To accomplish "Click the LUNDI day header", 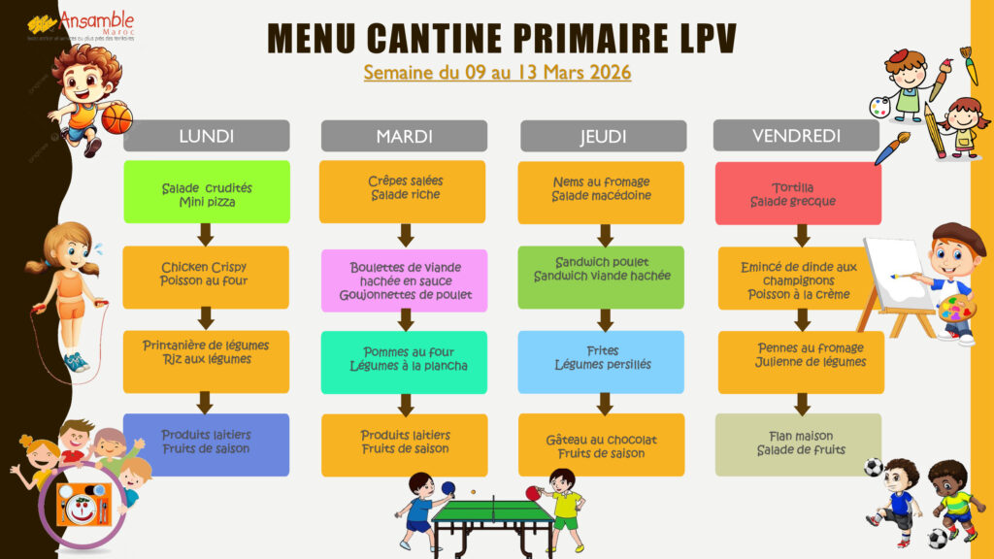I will click(206, 136).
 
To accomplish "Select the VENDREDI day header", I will click(796, 136).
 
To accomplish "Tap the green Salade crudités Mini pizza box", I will click(206, 192).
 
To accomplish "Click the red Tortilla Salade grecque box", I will click(798, 193).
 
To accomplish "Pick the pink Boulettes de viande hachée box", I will click(405, 280).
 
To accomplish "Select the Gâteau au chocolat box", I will click(602, 445).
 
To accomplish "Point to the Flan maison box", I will click(798, 444).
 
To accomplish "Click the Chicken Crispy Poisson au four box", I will click(206, 275).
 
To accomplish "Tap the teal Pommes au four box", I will click(405, 358).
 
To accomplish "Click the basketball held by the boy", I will click(117, 119).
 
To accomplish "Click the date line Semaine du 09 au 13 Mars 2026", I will click(497, 73).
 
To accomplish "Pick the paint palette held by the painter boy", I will click(956, 310).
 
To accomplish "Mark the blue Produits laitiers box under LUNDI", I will click(206, 443).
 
